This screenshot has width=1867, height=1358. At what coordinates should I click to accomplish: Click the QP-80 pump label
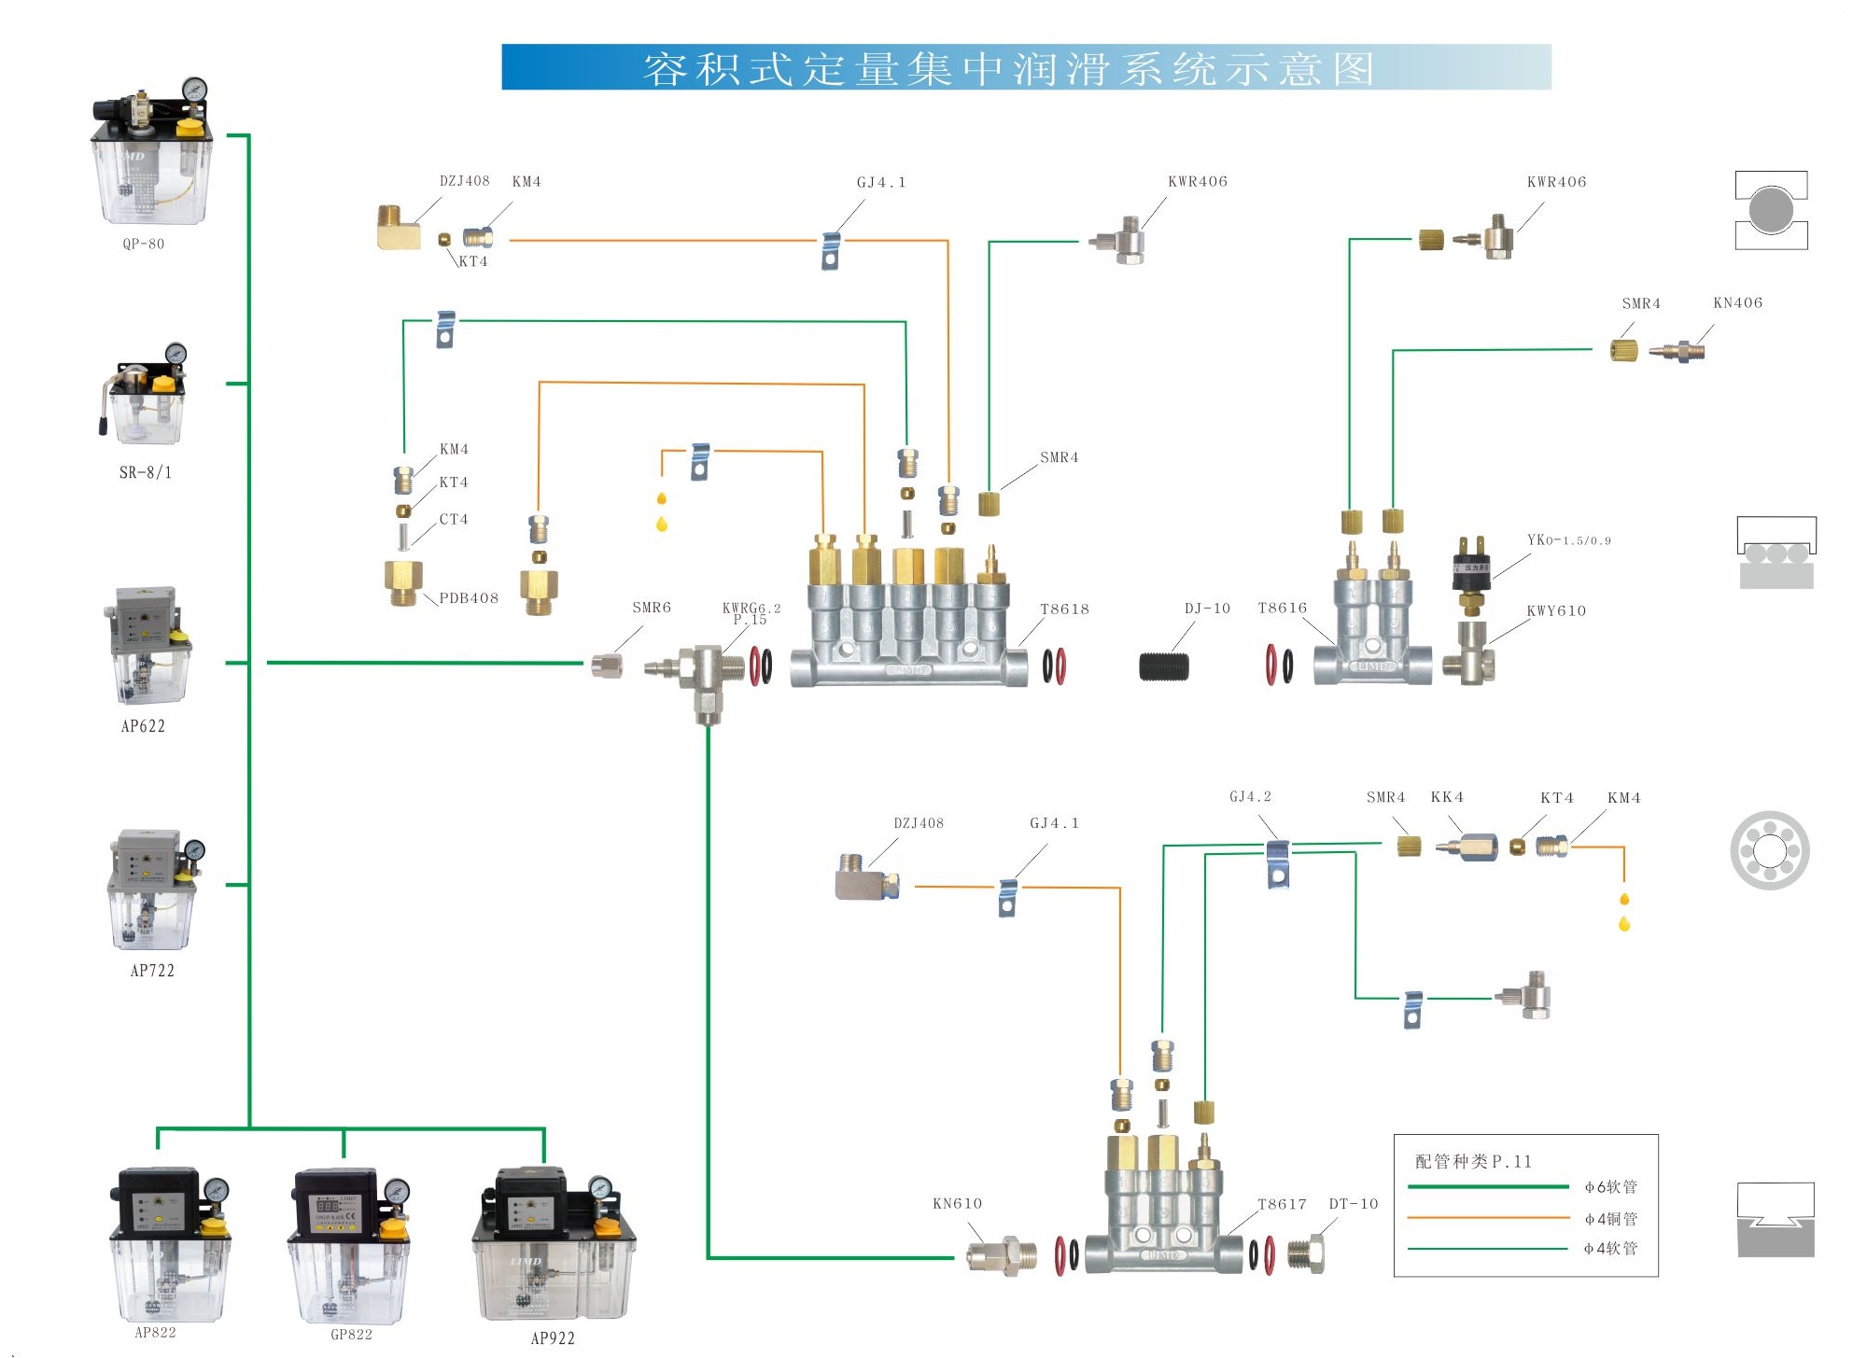(144, 245)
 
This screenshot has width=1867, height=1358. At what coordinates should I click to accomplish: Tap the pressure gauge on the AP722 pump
(194, 850)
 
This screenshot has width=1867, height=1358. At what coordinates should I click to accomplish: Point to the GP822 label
(352, 1335)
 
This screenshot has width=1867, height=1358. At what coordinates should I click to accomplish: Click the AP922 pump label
(553, 1338)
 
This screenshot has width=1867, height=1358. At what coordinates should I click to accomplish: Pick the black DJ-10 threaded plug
(1164, 666)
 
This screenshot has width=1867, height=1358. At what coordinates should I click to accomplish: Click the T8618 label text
(1065, 609)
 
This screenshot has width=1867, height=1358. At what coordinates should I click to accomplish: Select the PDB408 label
(469, 598)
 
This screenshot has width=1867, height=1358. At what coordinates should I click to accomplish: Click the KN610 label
(958, 1204)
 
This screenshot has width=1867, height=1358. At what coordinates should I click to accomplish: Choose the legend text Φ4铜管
(1611, 1219)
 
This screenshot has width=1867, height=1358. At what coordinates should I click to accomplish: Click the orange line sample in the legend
(1488, 1218)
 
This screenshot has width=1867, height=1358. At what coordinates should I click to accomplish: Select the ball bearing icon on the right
(1770, 850)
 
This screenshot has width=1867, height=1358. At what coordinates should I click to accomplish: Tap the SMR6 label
(652, 608)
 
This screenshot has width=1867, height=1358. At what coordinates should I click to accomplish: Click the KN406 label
(1738, 303)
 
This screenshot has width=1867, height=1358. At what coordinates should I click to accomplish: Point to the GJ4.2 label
(1250, 797)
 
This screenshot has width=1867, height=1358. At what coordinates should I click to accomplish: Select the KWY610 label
(1556, 611)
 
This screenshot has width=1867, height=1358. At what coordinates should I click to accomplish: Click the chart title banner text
(1008, 69)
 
